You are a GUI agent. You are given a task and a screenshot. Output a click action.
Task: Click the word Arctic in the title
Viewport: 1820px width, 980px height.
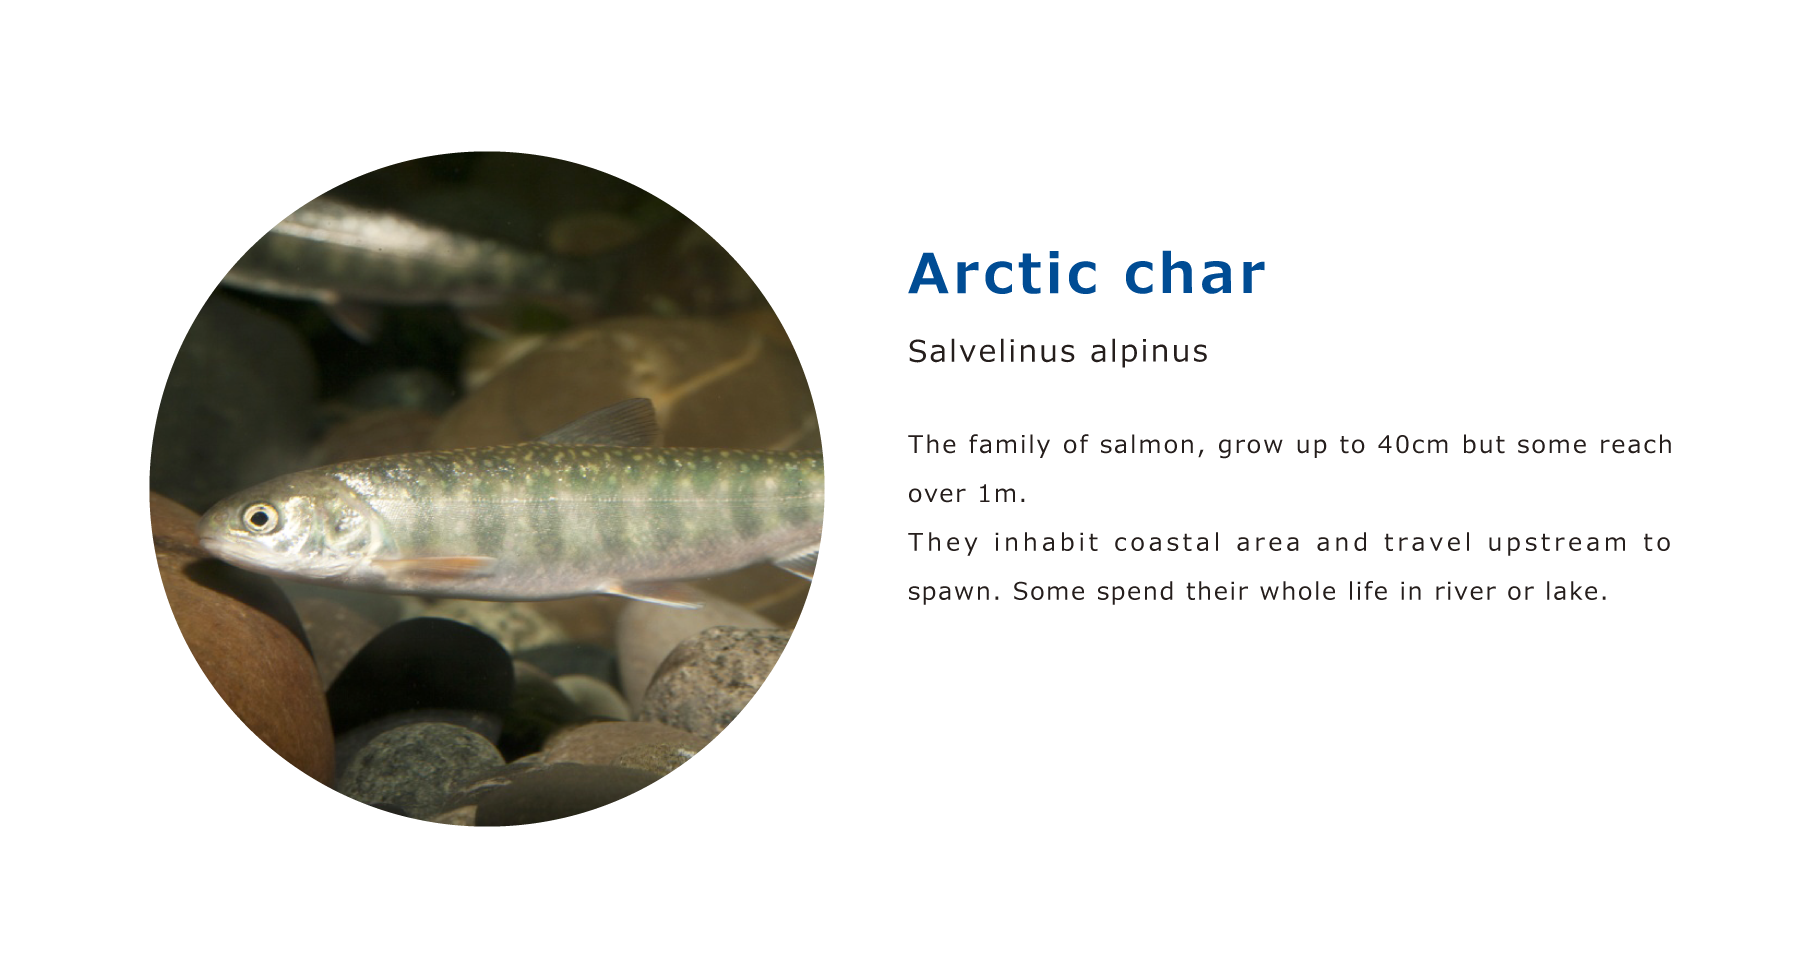1004,273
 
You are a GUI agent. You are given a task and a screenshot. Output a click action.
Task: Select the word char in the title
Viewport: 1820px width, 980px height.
1195,273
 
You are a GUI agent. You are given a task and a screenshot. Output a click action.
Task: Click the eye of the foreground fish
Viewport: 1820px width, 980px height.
260,518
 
